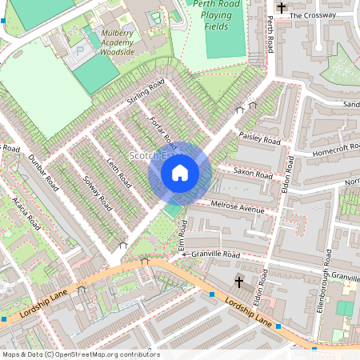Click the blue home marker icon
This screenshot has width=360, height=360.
180,172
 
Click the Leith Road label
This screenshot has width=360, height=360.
118,173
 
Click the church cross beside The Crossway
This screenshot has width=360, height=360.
281,9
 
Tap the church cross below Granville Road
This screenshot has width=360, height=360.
238,281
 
